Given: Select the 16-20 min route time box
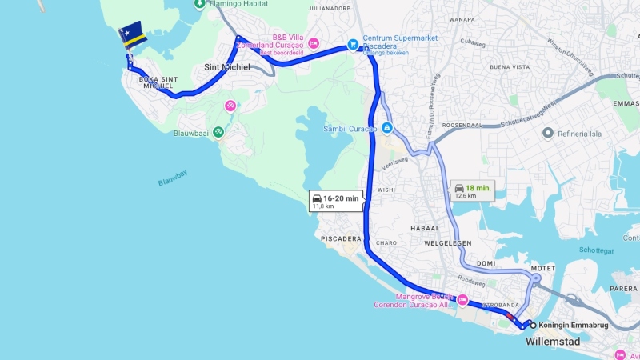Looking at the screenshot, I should click(336, 201).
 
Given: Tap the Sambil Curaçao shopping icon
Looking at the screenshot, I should click(386, 128).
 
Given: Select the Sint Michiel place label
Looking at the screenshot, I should click(227, 66).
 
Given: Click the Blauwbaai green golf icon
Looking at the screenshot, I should click(218, 133).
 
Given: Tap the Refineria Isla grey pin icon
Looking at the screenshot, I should click(548, 133).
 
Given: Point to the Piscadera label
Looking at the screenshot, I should click(341, 238).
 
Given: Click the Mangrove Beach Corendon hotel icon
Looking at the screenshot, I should click(462, 300).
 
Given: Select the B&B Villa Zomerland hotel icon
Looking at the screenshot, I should click(314, 42).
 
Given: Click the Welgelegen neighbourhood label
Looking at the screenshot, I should click(448, 242).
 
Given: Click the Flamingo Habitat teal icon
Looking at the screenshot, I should click(199, 4).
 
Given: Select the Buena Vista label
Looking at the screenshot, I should click(510, 67).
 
